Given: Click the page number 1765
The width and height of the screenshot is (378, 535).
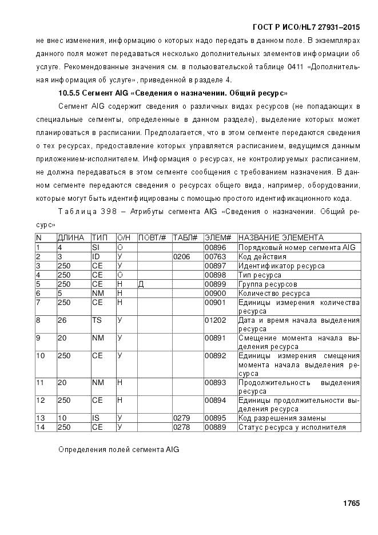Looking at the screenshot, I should coord(351,504).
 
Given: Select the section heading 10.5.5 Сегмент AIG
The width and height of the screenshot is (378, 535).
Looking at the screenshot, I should coord(173,92).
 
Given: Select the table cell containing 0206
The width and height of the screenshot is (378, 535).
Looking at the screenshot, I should coord(181,257).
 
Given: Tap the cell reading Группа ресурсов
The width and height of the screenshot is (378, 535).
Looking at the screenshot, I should coord(267,284).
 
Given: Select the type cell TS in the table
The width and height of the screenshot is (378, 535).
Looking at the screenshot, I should coord(97,320).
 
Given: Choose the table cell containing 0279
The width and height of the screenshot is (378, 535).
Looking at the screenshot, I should coord(181,418).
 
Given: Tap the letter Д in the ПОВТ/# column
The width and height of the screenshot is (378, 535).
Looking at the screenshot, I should coord(141,284).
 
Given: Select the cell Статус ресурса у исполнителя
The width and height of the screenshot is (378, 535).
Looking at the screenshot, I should coord(292,427).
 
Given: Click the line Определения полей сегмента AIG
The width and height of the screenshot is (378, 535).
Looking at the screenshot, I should coord(119,450).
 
